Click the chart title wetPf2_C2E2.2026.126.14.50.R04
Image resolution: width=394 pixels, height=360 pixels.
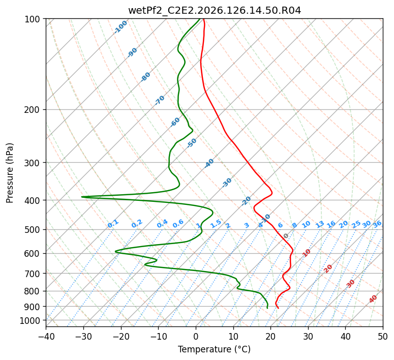(215, 11)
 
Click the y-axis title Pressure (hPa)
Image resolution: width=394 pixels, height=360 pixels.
(10, 173)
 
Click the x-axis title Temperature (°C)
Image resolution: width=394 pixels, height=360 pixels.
(215, 349)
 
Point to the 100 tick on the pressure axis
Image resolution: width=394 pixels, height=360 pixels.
(35, 19)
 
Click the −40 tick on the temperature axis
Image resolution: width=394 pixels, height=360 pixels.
(46, 336)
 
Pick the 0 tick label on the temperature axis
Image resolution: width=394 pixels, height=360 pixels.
(196, 336)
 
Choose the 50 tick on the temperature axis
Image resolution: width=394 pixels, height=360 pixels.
(383, 336)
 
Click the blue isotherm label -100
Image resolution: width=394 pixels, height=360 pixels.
(120, 27)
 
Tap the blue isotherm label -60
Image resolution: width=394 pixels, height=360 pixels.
(175, 122)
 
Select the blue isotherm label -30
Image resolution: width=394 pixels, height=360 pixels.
(227, 183)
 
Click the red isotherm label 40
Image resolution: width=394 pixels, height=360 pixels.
(373, 299)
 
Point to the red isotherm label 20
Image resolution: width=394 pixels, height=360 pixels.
(328, 269)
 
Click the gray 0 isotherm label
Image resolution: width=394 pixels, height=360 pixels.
(286, 236)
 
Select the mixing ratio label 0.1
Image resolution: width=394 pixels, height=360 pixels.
(113, 224)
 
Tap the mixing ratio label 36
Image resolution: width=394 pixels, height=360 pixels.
(377, 224)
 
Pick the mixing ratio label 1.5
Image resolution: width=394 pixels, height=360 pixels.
(216, 224)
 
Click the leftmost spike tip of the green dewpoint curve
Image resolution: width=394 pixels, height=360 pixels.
(82, 197)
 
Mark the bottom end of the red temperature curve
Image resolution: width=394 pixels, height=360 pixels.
(278, 308)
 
